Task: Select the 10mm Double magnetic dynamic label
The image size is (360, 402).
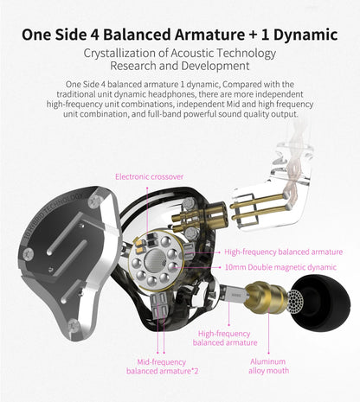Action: (x=280, y=267)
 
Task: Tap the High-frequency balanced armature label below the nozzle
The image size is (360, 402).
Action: (x=224, y=338)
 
